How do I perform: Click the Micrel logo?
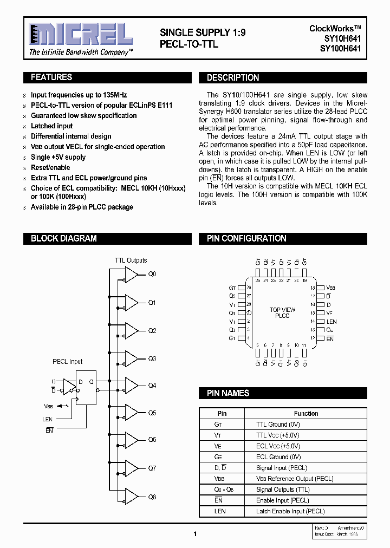point(81,36)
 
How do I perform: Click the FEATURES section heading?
point(51,77)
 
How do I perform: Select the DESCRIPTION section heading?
point(233,78)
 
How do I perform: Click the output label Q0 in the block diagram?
point(152,275)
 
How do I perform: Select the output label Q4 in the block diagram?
point(152,386)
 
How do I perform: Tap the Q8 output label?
point(152,497)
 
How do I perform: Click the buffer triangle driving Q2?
point(131,330)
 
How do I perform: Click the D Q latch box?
point(86,387)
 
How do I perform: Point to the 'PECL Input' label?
point(68,362)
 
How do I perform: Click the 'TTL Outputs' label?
point(131,260)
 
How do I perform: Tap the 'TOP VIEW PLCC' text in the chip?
point(282,313)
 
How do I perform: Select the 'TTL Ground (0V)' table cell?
point(278,425)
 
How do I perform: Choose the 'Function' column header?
point(306,414)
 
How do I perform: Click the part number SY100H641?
point(340,49)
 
